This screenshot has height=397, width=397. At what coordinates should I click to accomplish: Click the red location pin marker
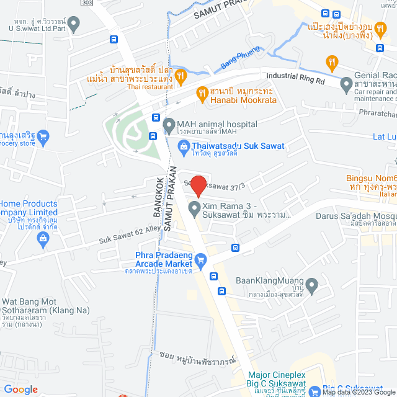tap(198, 185)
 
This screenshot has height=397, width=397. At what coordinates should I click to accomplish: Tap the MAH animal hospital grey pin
tap(168, 126)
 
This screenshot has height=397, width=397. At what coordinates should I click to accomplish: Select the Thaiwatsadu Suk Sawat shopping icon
tap(184, 146)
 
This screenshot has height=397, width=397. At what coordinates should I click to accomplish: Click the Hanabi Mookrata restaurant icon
tap(202, 94)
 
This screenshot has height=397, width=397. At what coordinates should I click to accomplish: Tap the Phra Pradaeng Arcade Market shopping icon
tap(200, 260)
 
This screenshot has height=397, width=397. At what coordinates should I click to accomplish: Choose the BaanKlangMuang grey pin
tap(312, 286)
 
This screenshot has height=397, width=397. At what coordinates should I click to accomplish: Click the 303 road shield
tap(88, 3)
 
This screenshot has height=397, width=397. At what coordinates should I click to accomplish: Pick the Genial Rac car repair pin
tap(346, 82)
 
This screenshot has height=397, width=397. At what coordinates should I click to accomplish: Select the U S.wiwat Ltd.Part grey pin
tap(74, 25)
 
